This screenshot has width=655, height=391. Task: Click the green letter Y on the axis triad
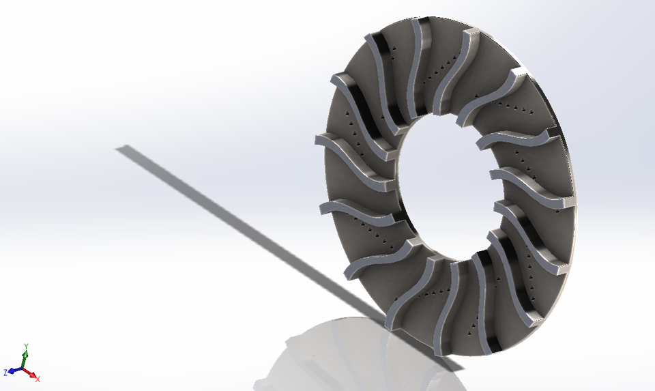pos(25,347)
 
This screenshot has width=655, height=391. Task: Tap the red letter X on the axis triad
pos(38,379)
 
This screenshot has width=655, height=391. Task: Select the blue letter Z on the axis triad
pos(5,373)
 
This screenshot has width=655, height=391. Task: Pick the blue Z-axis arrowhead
pos(12,372)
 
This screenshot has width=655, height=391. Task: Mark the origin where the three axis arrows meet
pos(23,370)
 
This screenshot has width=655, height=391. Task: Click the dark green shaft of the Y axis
pos(24,362)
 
